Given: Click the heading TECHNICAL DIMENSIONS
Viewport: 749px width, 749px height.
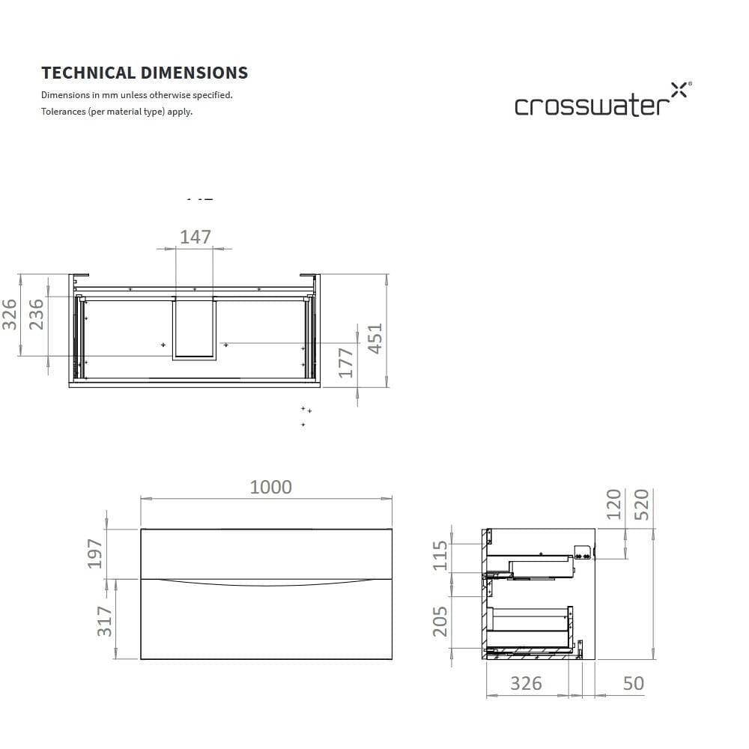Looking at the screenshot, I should [145, 73].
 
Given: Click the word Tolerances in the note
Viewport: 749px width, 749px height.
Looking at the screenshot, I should [64, 112].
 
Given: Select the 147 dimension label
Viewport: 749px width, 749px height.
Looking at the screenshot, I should [195, 237].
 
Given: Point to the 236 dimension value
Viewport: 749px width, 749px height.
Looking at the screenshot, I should [37, 314].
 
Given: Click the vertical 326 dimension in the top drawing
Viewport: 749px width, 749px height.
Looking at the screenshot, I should [9, 314].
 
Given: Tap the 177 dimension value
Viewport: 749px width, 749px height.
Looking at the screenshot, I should [346, 363].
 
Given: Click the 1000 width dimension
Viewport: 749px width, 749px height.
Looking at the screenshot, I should [270, 487].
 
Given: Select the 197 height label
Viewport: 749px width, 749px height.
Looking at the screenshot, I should [95, 553].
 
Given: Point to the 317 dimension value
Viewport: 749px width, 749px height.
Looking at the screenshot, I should [105, 621].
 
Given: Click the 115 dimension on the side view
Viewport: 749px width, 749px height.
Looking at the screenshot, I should [440, 556].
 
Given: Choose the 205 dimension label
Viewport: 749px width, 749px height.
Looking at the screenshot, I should [440, 621].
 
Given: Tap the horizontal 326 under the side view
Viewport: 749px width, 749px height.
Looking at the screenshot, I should [526, 683].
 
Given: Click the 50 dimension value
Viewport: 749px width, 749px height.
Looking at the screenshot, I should [633, 683].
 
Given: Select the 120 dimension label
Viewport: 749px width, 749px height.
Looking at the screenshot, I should [614, 504].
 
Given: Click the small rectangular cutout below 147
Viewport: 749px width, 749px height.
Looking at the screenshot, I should [194, 330].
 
